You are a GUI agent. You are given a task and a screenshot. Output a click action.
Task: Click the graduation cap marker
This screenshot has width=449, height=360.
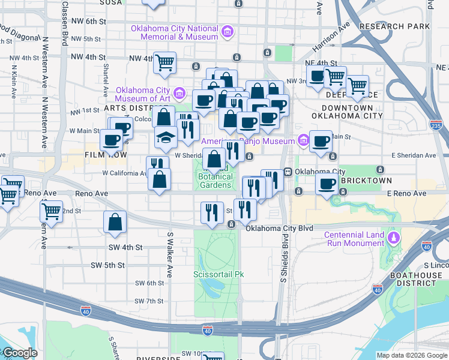tap(166, 137)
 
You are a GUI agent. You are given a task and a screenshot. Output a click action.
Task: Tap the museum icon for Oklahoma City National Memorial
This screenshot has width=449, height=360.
tap(227, 32)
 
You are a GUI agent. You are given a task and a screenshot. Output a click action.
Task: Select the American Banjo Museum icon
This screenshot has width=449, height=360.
tap(304, 141)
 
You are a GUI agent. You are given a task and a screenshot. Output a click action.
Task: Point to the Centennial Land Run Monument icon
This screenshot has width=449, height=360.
tap(393, 238)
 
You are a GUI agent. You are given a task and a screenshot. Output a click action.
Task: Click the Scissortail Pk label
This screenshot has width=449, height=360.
tap(218, 274)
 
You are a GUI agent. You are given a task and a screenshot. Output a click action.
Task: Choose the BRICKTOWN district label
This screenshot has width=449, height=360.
tap(366, 181)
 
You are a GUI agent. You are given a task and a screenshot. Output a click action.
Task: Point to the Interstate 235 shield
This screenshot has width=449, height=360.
tap(436, 125)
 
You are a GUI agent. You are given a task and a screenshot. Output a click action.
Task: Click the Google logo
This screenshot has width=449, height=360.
tap(20, 353)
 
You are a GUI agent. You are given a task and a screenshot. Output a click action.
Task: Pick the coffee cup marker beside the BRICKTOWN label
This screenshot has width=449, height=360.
tap(327, 184)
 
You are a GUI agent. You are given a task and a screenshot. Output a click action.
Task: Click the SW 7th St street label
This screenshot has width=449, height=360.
tap(150, 301)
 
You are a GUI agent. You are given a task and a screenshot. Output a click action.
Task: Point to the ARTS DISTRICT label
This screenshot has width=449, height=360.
tap(128, 108)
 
